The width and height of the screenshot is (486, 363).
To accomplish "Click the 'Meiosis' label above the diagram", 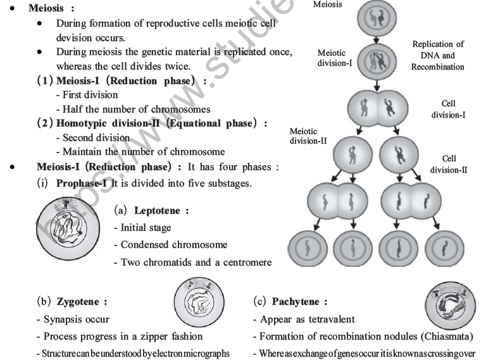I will point(326,4).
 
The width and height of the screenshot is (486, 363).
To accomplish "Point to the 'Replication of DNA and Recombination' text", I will point(437,55).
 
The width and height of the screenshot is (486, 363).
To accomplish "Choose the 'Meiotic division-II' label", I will point(308,137).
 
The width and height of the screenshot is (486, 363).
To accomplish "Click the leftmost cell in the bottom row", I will point(309,246).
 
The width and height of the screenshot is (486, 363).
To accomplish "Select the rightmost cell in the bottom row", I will point(445,246).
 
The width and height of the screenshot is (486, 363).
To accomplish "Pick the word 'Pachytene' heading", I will point(299,302).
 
